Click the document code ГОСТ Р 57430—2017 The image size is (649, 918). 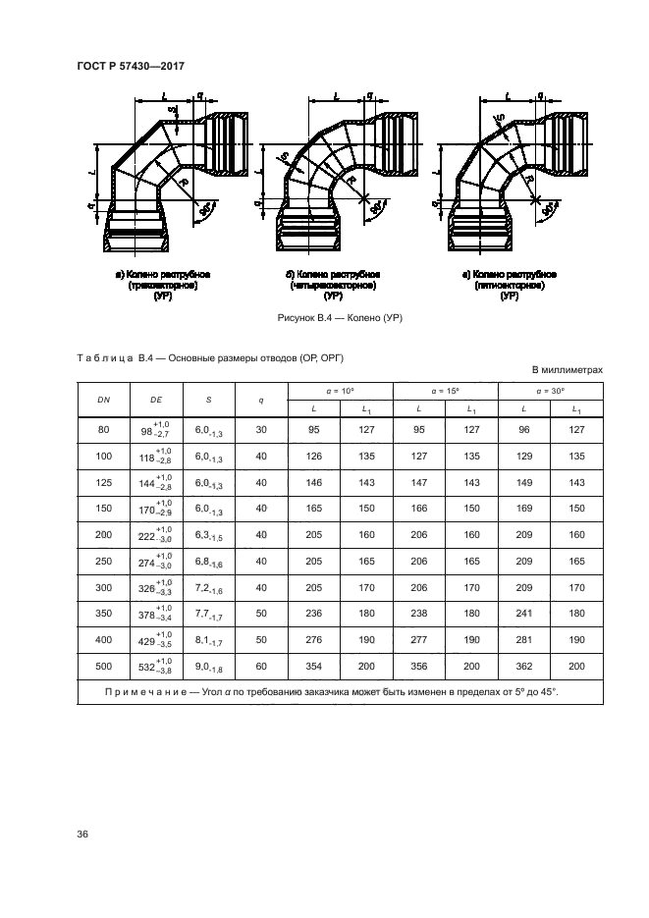pyautogui.click(x=131, y=66)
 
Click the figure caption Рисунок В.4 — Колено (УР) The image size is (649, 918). pyautogui.click(x=342, y=318)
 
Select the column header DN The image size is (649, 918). pyautogui.click(x=102, y=401)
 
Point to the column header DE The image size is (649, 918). pyautogui.click(x=155, y=401)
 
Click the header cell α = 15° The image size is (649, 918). pyautogui.click(x=445, y=391)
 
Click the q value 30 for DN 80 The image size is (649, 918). pyautogui.click(x=260, y=429)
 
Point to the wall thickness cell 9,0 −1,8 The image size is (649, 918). pyautogui.click(x=209, y=667)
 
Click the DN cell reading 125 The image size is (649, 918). pyautogui.click(x=102, y=483)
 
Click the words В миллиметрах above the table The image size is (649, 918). pyautogui.click(x=567, y=370)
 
